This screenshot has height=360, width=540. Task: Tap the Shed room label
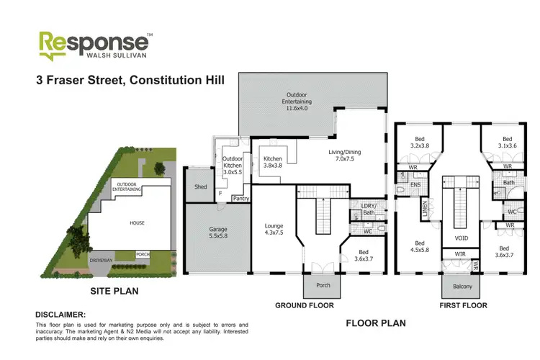200,187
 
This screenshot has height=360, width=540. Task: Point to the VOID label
462,237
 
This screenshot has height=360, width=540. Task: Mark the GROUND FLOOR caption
304,305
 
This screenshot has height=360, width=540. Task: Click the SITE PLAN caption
114,292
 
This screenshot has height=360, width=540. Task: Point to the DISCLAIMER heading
61,315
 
